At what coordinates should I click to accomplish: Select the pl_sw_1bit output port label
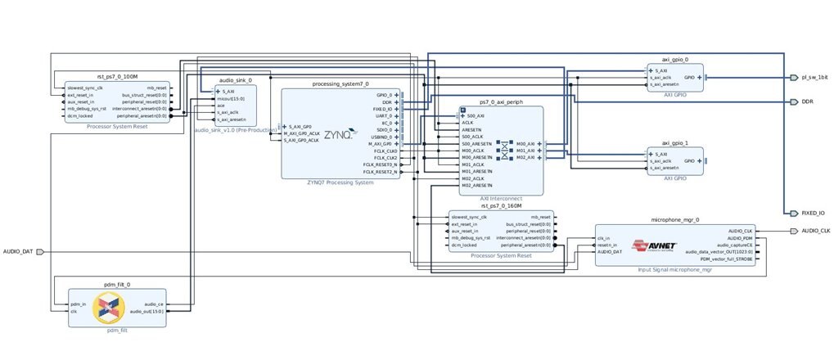(810, 78)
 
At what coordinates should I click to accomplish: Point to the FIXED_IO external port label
(812, 213)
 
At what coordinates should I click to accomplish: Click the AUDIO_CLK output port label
(815, 231)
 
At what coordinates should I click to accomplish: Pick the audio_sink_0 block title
(235, 81)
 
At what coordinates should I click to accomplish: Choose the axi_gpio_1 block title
(674, 142)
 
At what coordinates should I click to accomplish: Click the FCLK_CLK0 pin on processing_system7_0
(385, 151)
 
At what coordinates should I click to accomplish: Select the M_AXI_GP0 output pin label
(381, 143)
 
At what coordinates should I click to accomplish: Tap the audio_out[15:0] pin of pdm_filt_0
(148, 311)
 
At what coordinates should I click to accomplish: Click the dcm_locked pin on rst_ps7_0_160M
(465, 245)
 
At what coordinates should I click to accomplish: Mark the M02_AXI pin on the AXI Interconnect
(525, 157)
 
